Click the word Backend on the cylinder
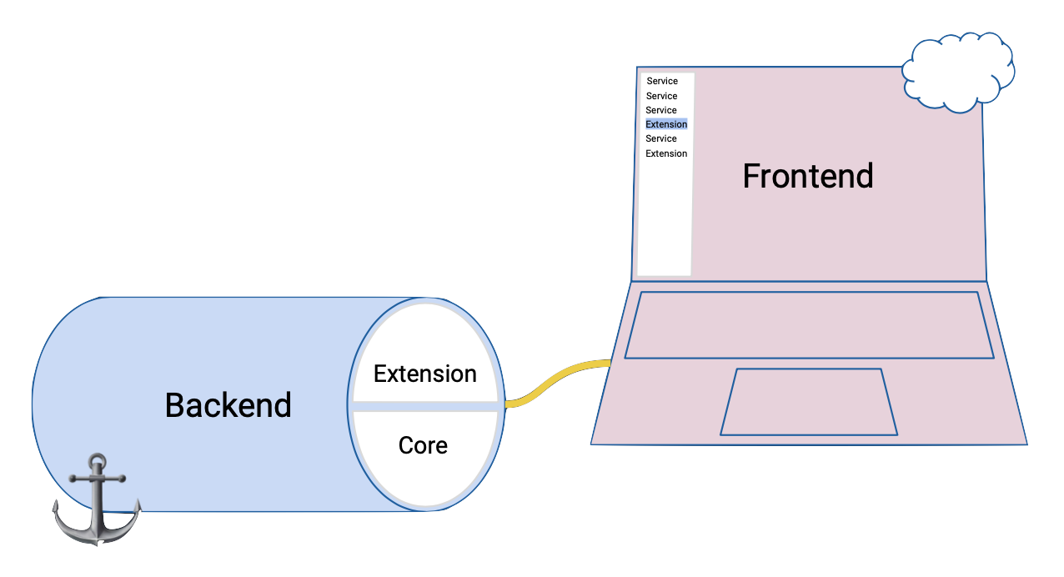(x=228, y=405)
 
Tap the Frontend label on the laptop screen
(x=807, y=176)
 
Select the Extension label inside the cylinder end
(x=424, y=374)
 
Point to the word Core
(x=423, y=445)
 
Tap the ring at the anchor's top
(x=98, y=460)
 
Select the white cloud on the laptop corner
(x=958, y=73)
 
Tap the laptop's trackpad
(x=808, y=402)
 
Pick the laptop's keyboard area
(x=809, y=325)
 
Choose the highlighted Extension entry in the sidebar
(x=666, y=124)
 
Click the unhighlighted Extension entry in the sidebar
(x=666, y=153)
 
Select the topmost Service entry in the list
(x=662, y=81)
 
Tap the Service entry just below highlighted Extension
(x=661, y=138)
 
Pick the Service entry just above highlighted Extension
(x=661, y=110)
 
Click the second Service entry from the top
(x=661, y=96)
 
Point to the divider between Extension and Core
(x=425, y=405)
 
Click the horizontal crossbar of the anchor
(x=98, y=479)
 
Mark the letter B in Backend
(x=174, y=405)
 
